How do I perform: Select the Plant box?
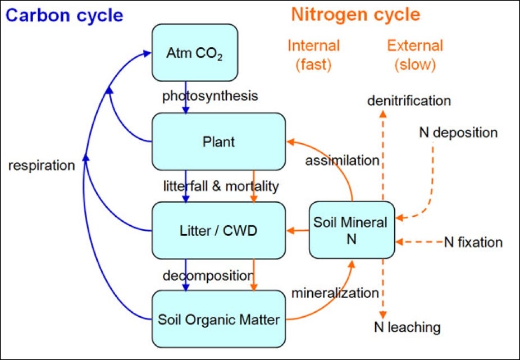218,142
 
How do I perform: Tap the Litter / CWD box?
218,230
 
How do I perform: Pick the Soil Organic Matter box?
218,319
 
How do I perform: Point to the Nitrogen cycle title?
355,15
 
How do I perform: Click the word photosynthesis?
210,96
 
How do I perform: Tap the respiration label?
42,165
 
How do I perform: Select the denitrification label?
409,101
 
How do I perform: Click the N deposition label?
458,133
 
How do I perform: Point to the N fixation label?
473,242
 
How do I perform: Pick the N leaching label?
407,327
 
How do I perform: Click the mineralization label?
335,293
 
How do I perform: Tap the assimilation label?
342,161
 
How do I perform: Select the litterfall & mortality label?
221,185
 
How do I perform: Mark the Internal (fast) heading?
314,55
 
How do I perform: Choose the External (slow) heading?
415,55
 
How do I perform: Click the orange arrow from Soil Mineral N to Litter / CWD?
298,230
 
